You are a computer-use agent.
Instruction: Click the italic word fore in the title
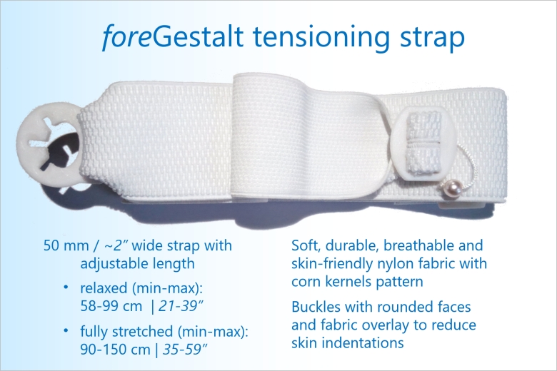(126, 36)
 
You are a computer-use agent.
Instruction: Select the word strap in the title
(432, 39)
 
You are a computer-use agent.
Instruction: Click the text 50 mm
(66, 245)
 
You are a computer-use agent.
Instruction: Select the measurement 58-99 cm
(111, 306)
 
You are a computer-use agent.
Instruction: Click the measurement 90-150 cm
(115, 350)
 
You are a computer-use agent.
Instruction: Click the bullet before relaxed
(66, 288)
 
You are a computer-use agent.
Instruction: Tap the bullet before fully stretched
(66, 330)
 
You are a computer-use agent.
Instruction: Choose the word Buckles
(316, 307)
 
